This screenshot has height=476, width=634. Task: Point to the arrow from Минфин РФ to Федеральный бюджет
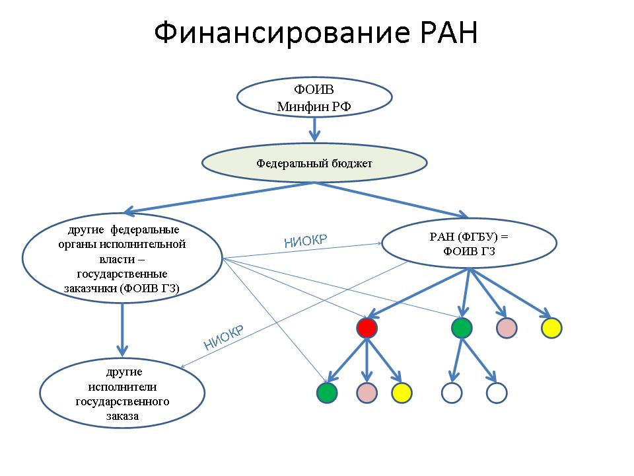[314, 130]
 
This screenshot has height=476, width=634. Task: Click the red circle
[367, 328]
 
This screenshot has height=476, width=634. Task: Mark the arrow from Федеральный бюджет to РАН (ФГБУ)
[392, 200]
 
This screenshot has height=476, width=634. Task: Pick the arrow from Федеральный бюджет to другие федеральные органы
[219, 198]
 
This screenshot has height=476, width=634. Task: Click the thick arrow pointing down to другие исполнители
[122, 330]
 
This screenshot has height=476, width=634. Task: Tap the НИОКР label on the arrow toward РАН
[306, 241]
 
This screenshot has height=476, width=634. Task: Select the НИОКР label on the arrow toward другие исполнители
[224, 338]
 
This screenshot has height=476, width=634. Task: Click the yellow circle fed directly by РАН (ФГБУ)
[551, 328]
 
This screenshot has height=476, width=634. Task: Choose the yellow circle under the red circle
[402, 393]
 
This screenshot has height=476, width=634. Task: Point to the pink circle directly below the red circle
[367, 393]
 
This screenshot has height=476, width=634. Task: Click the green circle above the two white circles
[462, 328]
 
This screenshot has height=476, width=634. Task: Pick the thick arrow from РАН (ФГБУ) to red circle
[419, 293]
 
